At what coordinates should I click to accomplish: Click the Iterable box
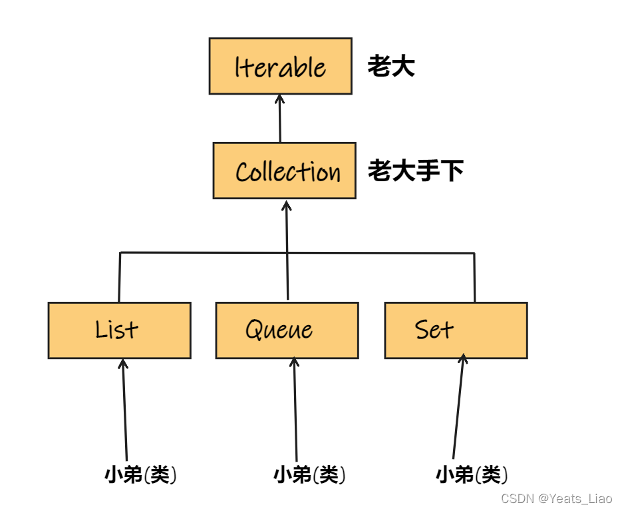[x=280, y=66]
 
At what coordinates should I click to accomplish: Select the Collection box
[x=284, y=171]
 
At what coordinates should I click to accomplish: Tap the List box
[x=119, y=330]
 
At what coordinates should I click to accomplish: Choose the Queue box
[x=287, y=330]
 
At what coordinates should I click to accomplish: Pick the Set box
[x=456, y=330]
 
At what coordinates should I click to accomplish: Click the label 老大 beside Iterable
[x=391, y=67]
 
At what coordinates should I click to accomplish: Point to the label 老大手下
[x=416, y=171]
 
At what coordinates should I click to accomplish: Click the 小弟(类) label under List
[x=141, y=475]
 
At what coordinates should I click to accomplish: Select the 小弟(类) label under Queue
[x=309, y=475]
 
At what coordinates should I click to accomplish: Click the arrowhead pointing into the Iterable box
[x=279, y=99]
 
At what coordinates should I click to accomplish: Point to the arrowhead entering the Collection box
[x=287, y=203]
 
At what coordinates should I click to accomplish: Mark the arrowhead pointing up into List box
[x=122, y=363]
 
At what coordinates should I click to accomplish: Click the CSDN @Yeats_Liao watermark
[x=556, y=498]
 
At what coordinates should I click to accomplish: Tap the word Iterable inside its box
[x=280, y=67]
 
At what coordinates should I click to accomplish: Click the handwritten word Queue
[x=279, y=330]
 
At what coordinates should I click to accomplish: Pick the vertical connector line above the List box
[x=120, y=277]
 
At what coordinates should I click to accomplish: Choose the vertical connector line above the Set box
[x=474, y=277]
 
